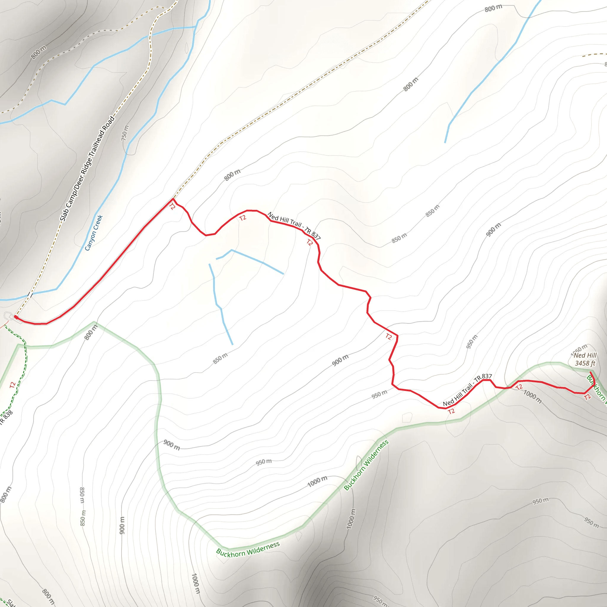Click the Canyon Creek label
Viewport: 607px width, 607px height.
click(94, 233)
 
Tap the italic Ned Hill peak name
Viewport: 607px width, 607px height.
click(585, 355)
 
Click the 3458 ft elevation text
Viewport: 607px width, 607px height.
click(585, 363)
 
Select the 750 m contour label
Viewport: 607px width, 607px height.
click(125, 133)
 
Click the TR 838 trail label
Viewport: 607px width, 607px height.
click(6, 417)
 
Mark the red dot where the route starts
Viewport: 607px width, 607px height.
click(15, 317)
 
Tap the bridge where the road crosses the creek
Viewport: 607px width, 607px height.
click(30, 294)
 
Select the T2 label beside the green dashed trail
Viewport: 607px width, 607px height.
click(12, 385)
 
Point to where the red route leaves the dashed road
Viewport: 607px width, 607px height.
click(172, 199)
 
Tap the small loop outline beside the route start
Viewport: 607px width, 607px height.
click(9, 316)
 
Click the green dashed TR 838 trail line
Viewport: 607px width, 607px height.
click(25, 361)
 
